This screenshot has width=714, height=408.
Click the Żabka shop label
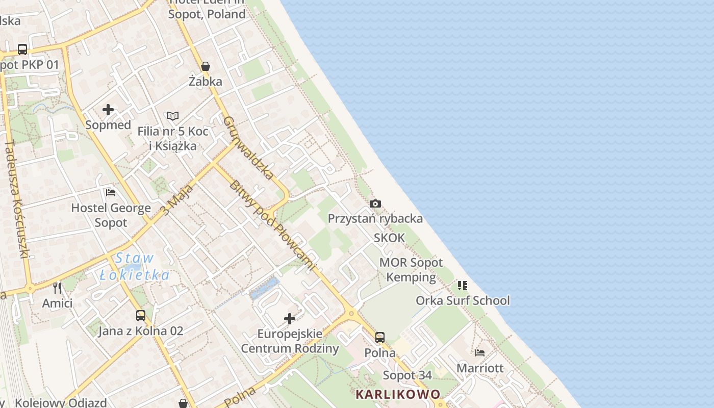tap(206, 81)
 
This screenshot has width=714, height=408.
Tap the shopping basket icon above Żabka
tap(206, 66)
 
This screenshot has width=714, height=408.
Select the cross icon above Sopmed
tap(108, 110)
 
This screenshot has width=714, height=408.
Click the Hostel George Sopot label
tap(111, 215)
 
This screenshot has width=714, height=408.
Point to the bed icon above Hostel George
tap(111, 192)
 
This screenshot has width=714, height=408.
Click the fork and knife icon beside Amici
tap(57, 288)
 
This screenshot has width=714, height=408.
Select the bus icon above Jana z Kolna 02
tap(141, 316)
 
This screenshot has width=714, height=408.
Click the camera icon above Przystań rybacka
tap(375, 204)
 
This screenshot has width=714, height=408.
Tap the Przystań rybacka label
tap(375, 219)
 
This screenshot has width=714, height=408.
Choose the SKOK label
tap(390, 238)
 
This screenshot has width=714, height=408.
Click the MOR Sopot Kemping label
tap(411, 270)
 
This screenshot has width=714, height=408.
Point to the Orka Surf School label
tap(463, 300)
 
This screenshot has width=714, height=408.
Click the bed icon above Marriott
tap(480, 352)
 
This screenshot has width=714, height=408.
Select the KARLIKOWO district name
tap(398, 394)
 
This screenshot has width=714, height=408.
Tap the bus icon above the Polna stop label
tap(380, 337)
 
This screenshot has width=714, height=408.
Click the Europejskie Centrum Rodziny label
tap(290, 341)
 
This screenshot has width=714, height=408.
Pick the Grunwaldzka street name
tap(249, 148)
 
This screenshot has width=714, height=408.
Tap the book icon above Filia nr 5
tap(173, 116)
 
